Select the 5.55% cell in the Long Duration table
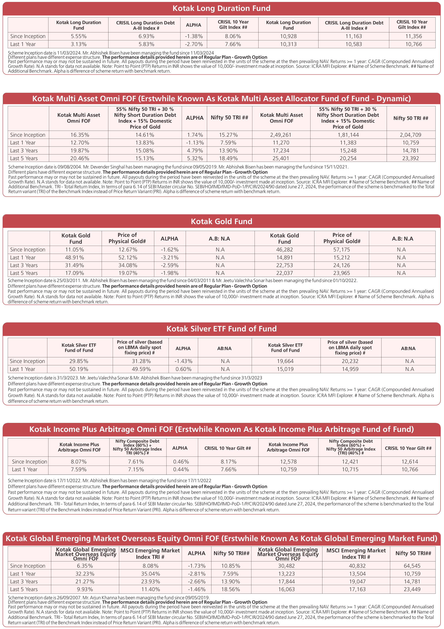[x=78, y=36]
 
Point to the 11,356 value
[x=413, y=36]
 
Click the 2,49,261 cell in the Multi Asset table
[x=282, y=135]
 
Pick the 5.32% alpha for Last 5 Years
[x=195, y=158]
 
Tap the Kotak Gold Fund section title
[x=222, y=221]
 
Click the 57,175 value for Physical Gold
[x=342, y=250]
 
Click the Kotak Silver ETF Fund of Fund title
[x=222, y=329]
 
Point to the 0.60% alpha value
[x=183, y=369]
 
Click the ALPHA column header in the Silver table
[x=183, y=348]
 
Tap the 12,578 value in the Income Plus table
[x=288, y=462]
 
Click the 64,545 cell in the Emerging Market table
[x=412, y=566]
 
